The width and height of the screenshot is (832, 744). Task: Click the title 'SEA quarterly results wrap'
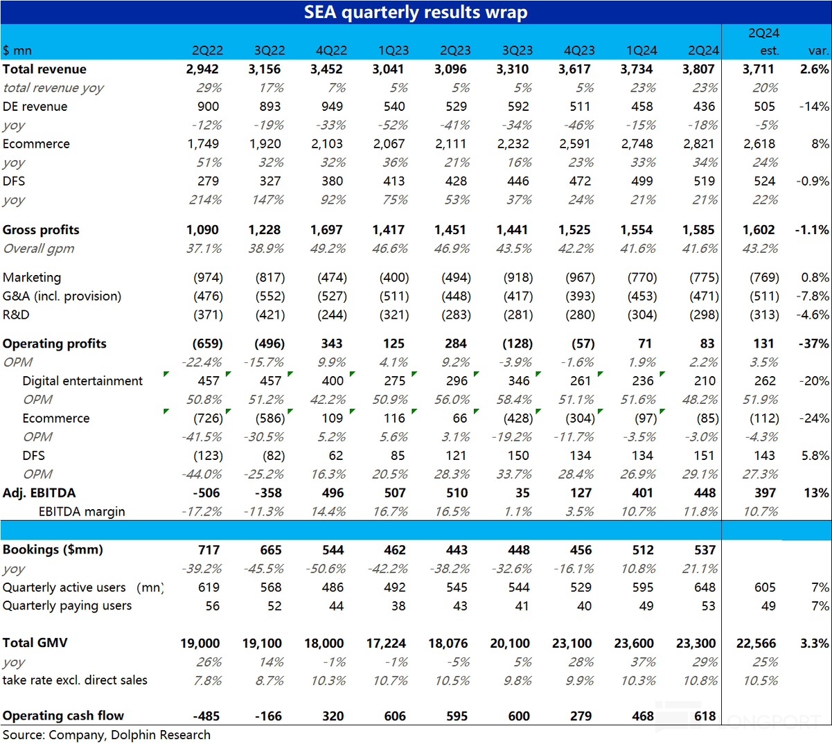[x=416, y=12]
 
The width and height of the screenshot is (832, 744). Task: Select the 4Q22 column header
[x=331, y=51]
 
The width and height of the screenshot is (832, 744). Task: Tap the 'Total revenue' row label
[x=44, y=69]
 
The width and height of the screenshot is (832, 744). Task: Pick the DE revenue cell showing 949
[x=332, y=107]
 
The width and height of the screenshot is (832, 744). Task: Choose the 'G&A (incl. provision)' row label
[x=62, y=296]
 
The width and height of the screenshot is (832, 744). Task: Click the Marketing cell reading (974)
[x=208, y=278]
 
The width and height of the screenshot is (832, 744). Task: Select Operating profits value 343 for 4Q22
[x=332, y=344]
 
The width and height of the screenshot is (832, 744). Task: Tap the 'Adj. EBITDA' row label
[x=39, y=493]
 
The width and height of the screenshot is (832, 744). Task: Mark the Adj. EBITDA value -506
[x=206, y=493]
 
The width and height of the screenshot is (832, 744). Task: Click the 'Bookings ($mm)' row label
[x=53, y=550]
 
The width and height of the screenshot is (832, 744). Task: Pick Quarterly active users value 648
[x=705, y=587]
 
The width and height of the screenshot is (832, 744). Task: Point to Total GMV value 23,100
[x=572, y=644]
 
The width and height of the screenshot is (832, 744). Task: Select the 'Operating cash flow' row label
[x=63, y=716]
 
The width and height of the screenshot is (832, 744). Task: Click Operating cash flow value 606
[x=395, y=716]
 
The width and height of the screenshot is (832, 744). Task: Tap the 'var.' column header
[x=818, y=51]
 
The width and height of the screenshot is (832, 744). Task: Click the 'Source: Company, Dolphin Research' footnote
[x=106, y=735]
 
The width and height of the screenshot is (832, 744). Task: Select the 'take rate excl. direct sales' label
[x=75, y=680]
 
